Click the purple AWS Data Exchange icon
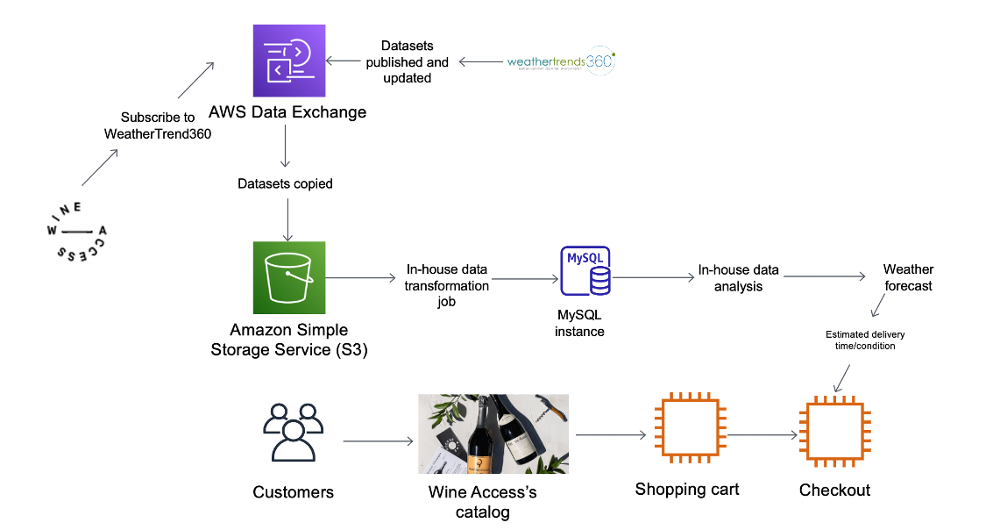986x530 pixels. click(x=288, y=61)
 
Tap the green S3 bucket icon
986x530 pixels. click(x=288, y=277)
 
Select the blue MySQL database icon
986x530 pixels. click(x=585, y=272)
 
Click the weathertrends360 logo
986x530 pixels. click(x=562, y=62)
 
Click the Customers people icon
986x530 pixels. click(x=293, y=432)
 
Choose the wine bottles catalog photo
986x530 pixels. click(x=493, y=433)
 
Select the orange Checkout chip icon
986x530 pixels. click(x=834, y=433)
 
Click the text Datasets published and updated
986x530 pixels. click(x=407, y=61)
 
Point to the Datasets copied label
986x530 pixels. click(x=285, y=184)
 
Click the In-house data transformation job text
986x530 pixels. click(x=446, y=285)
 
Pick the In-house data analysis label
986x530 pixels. click(x=738, y=278)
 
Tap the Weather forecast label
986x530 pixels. click(x=908, y=277)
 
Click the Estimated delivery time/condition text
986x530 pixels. click(x=865, y=340)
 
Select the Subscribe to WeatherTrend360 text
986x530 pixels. click(x=158, y=125)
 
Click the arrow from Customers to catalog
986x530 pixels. click(x=377, y=441)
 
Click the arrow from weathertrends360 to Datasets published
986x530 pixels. click(x=480, y=61)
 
